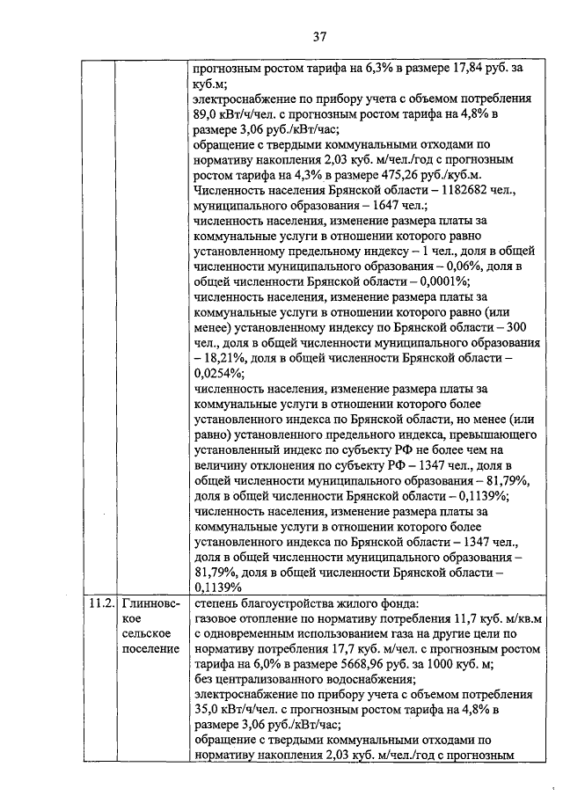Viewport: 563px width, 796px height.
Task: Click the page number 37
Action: coord(319,36)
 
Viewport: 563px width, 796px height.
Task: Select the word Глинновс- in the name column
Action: coord(151,605)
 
